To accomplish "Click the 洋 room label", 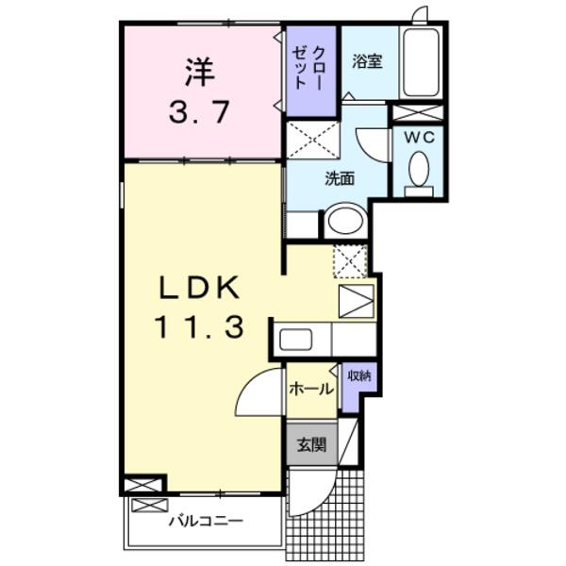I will tap(200, 71).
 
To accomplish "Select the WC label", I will tap(419, 136).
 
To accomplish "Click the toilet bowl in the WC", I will tap(419, 170).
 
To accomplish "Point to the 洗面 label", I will tap(340, 177).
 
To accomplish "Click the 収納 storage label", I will tap(358, 375).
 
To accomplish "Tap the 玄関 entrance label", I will tap(312, 444).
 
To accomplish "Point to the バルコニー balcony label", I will tap(205, 520).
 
